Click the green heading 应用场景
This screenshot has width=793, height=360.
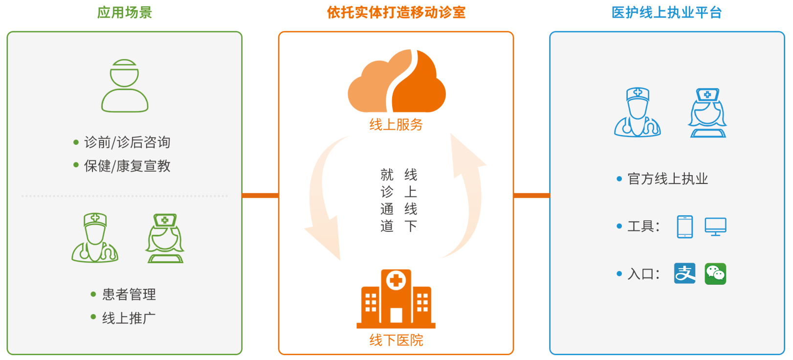click(125, 12)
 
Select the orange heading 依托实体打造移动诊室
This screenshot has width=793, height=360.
click(396, 12)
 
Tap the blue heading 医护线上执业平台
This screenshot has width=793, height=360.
click(666, 12)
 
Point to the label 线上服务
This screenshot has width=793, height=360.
click(396, 125)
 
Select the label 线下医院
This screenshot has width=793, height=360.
click(396, 340)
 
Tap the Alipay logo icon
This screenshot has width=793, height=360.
click(684, 273)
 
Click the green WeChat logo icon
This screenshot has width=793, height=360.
click(715, 273)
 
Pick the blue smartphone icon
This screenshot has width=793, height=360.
click(685, 226)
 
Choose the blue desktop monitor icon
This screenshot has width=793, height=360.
click(715, 226)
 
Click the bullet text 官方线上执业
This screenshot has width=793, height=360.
click(667, 179)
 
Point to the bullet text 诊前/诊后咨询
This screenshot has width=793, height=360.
click(127, 142)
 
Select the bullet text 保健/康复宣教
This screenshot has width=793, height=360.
click(127, 166)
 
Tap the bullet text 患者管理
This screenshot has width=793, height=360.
click(129, 294)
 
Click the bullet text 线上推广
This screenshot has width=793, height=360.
click(129, 318)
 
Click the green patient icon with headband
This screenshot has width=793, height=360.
click(125, 86)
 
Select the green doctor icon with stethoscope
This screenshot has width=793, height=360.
click(95, 238)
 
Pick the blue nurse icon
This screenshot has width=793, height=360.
click(707, 113)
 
